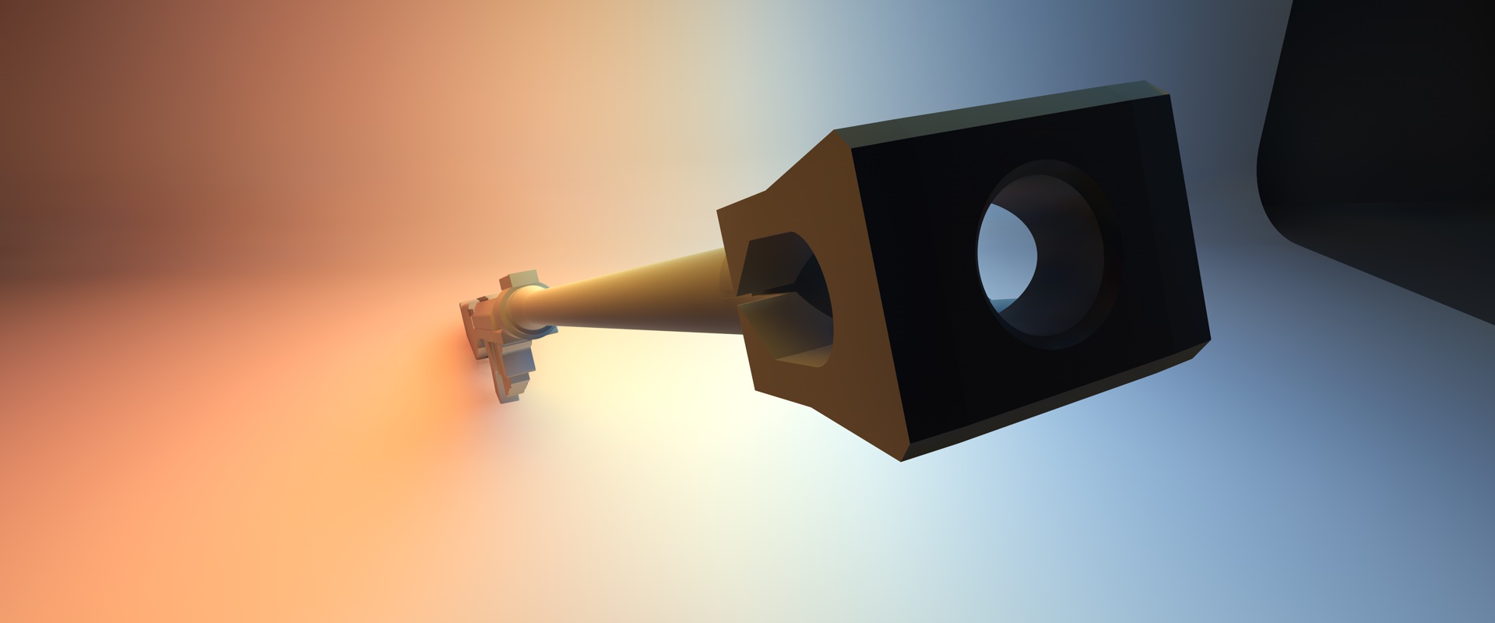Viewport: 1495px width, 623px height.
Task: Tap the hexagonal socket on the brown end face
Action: [786, 300]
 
